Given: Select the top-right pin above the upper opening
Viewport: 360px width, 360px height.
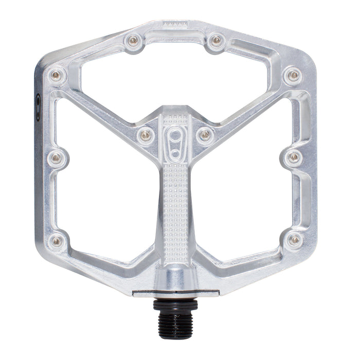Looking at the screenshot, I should pyautogui.click(x=216, y=40).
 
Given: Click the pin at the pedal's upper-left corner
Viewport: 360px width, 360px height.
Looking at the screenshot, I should pyautogui.click(x=56, y=76).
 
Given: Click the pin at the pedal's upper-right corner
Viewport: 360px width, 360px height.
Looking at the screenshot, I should pyautogui.click(x=294, y=76).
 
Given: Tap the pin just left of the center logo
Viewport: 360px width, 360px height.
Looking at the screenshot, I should pyautogui.click(x=146, y=135).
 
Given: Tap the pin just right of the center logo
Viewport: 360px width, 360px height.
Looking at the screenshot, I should pyautogui.click(x=205, y=135).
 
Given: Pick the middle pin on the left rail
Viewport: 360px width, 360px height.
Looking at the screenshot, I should pyautogui.click(x=56, y=156).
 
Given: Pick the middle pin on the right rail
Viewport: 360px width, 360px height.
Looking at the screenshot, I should pyautogui.click(x=294, y=156).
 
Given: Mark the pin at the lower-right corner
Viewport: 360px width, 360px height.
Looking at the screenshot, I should pyautogui.click(x=294, y=239).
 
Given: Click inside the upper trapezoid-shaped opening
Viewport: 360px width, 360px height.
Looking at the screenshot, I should pyautogui.click(x=175, y=77).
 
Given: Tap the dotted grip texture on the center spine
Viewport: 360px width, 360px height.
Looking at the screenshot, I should pyautogui.click(x=175, y=206).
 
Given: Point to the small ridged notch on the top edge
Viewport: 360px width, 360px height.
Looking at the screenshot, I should pyautogui.click(x=175, y=24).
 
